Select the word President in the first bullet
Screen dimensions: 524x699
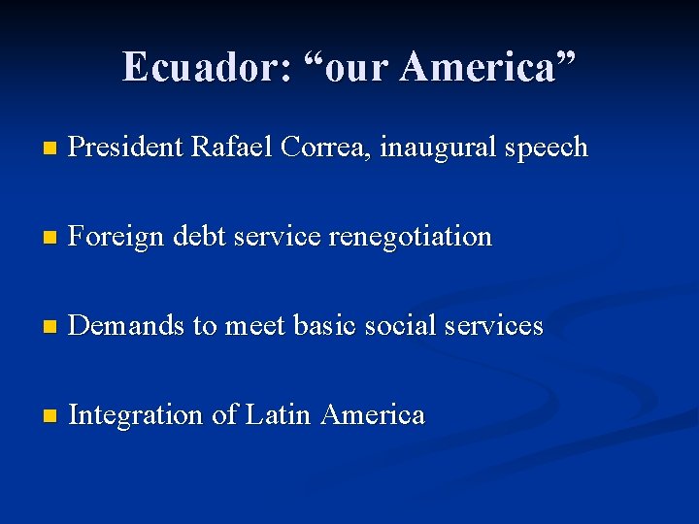point(127,147)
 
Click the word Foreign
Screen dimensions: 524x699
point(117,237)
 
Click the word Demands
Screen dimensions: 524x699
point(127,326)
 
